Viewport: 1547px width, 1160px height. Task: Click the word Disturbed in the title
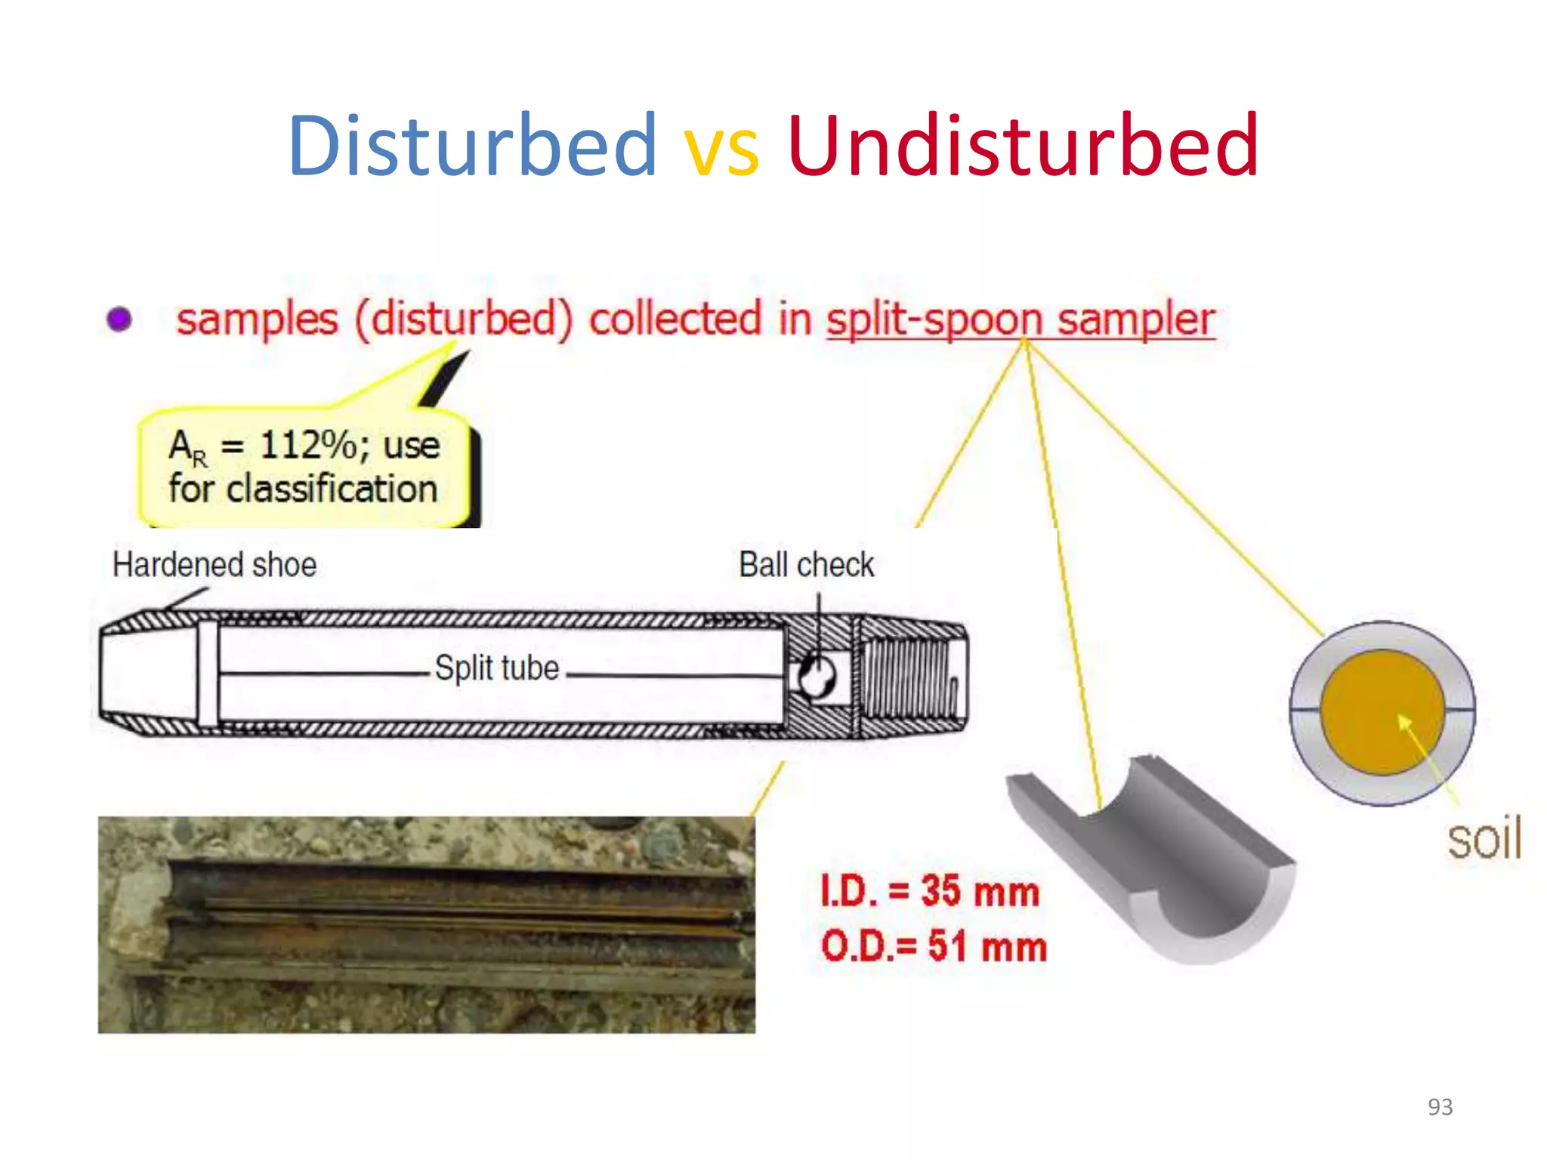(x=472, y=145)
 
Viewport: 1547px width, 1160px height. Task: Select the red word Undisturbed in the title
(x=1023, y=145)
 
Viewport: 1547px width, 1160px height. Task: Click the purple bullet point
(x=119, y=319)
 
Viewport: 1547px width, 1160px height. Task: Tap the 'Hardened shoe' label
(x=215, y=565)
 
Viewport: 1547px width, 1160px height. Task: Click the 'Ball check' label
(x=806, y=565)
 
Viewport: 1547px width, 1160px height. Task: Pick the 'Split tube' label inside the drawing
(x=497, y=668)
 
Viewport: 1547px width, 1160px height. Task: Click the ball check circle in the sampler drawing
(x=817, y=677)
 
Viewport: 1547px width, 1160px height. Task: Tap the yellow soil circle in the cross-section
(x=1382, y=711)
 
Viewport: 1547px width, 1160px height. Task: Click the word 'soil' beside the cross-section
(x=1484, y=839)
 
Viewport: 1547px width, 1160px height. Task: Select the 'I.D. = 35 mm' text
(x=930, y=891)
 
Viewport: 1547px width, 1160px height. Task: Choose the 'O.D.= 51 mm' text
(x=934, y=946)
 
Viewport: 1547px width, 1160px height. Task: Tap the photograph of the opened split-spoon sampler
(x=426, y=924)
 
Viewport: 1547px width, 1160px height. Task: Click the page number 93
(x=1440, y=1106)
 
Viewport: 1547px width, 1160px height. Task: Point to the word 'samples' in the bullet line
(x=257, y=320)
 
